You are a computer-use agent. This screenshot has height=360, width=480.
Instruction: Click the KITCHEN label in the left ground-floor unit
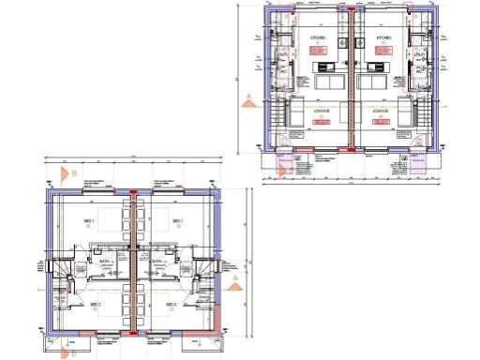click(x=318, y=38)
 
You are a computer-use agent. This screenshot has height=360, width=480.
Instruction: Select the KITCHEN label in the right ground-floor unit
click(x=383, y=38)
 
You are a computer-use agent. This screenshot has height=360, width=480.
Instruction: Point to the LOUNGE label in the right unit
click(x=380, y=111)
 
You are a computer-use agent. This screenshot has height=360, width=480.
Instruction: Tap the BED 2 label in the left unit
click(x=95, y=305)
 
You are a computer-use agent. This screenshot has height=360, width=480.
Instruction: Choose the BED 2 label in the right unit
click(x=171, y=305)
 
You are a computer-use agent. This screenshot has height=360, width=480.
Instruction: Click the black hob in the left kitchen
click(x=324, y=67)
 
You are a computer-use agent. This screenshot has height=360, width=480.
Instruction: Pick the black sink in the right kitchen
click(x=376, y=67)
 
